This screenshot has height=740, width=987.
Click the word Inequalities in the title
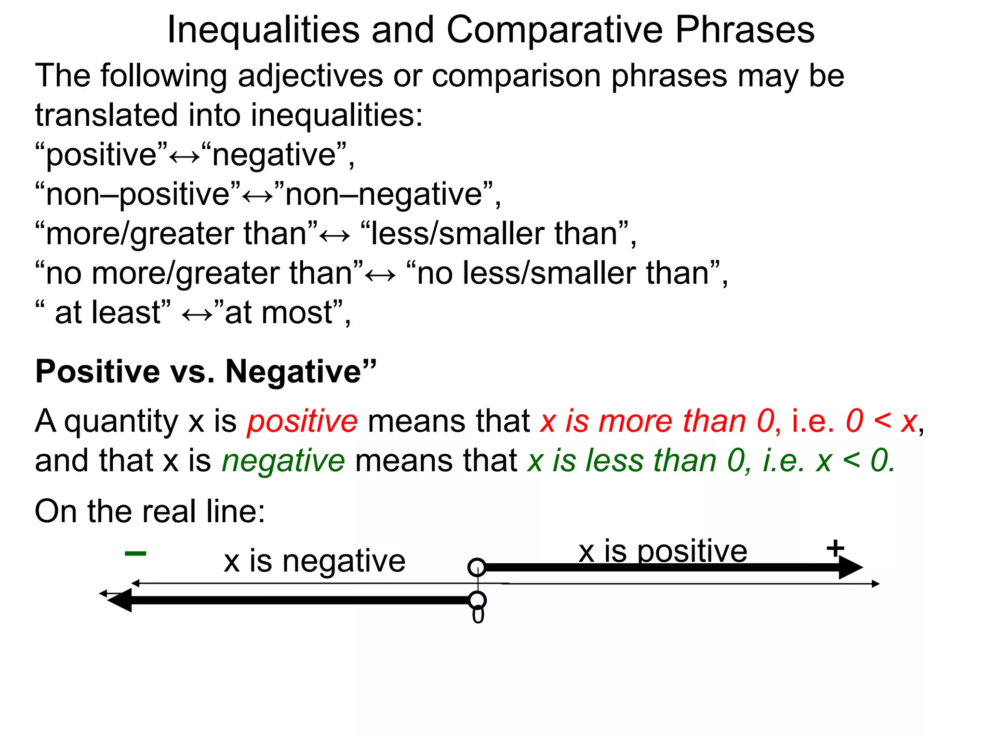pyautogui.click(x=263, y=30)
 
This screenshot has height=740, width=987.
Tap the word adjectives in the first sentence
pyautogui.click(x=311, y=76)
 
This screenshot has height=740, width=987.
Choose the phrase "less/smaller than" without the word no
pyautogui.click(x=494, y=234)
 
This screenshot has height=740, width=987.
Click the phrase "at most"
pyautogui.click(x=279, y=313)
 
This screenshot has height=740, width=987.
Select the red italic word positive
pyautogui.click(x=302, y=421)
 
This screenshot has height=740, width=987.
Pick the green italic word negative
pyautogui.click(x=283, y=461)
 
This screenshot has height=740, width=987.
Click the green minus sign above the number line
pyautogui.click(x=135, y=554)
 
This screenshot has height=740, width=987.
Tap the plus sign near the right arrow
pyautogui.click(x=835, y=548)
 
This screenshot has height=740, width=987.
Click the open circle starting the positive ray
pyautogui.click(x=477, y=567)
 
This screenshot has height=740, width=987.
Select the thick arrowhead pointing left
pyautogui.click(x=120, y=600)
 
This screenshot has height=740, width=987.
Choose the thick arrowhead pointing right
pyautogui.click(x=850, y=568)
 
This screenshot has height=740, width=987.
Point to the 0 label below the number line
pyautogui.click(x=478, y=616)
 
